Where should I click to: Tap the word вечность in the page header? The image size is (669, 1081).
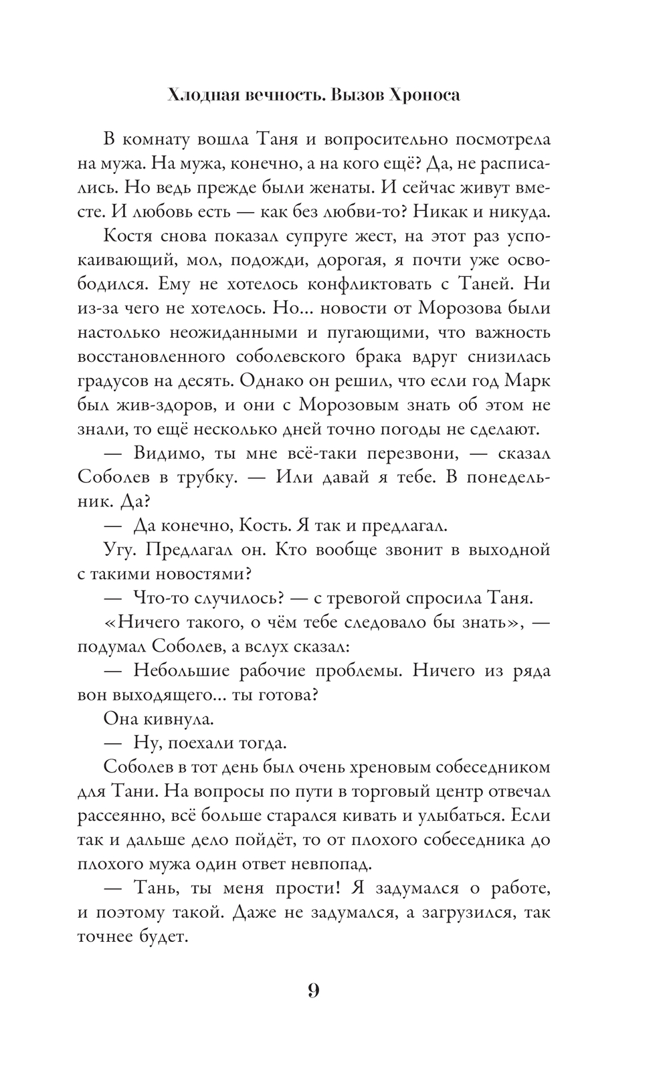[x=270, y=96]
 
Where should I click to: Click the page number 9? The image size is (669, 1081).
[x=314, y=990]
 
